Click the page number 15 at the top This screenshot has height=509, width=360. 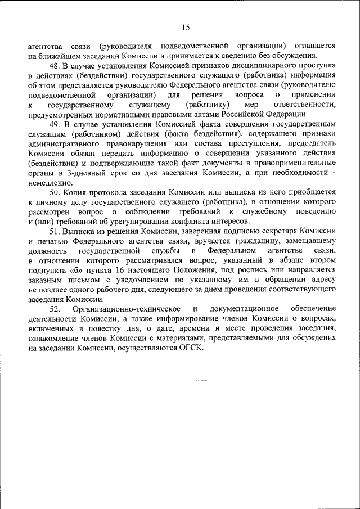(186, 27)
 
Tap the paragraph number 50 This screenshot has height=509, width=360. (55, 192)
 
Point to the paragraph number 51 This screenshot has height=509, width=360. (55, 231)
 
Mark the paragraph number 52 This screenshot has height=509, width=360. (55, 308)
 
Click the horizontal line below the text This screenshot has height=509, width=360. (181, 381)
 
